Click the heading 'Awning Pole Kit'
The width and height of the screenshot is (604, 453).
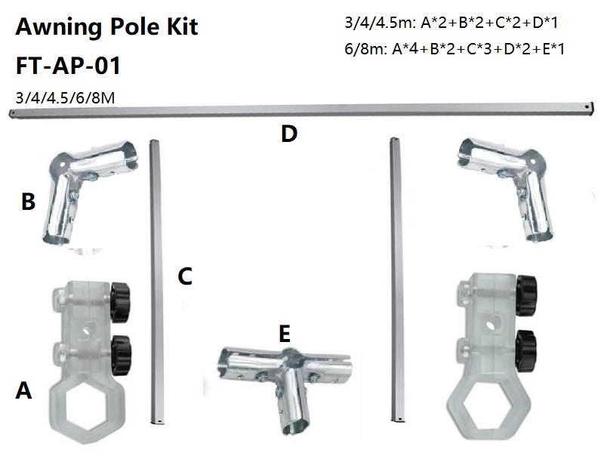coord(106,28)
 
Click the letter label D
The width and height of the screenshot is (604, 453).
coord(288,134)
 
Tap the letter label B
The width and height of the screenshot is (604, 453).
coord(29,202)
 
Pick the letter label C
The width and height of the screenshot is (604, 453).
coord(186,276)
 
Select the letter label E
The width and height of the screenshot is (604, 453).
coord(284,333)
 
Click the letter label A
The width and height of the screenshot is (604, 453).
coord(24,390)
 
